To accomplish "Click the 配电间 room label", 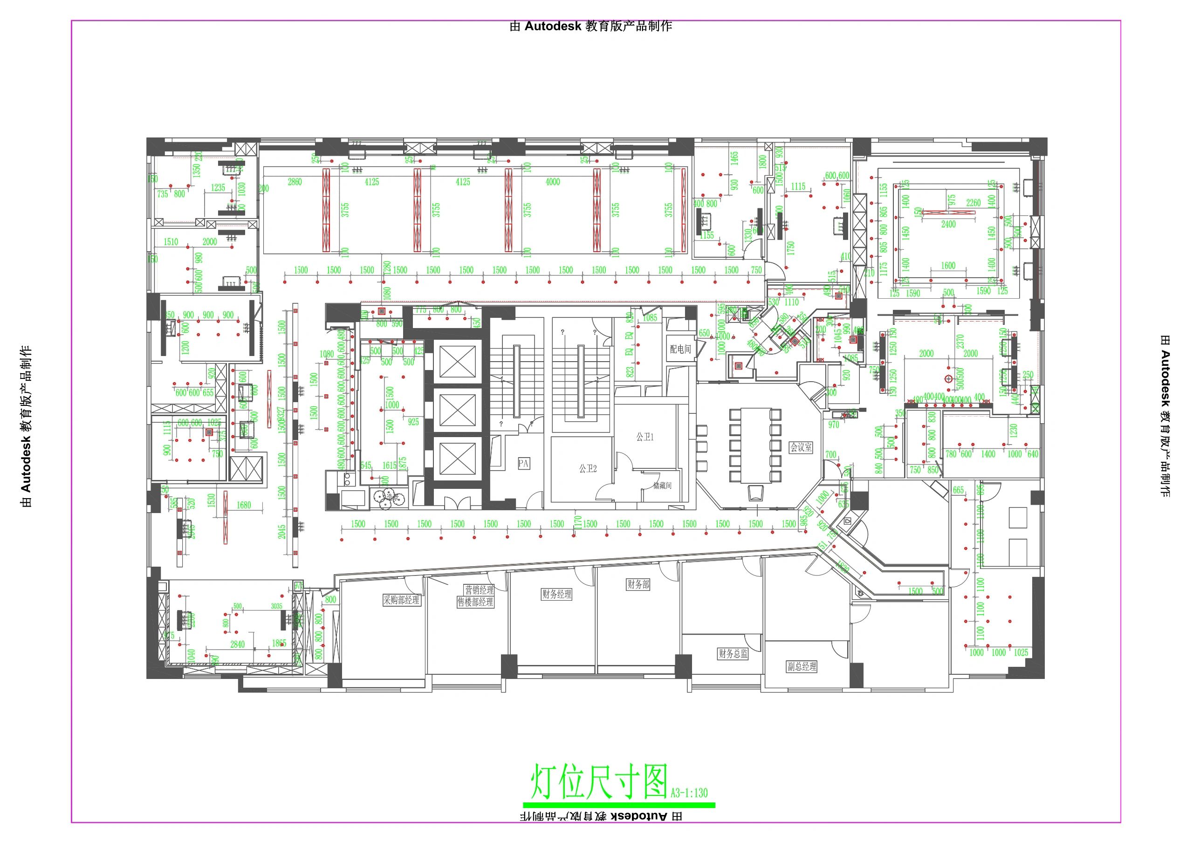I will tap(680, 349).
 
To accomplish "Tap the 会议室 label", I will tap(801, 447).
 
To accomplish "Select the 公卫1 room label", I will tap(645, 437).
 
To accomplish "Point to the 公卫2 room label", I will tap(588, 469).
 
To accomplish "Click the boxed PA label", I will tap(523, 463).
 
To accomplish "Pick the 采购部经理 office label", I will tap(401, 600).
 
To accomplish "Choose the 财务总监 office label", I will tap(733, 654).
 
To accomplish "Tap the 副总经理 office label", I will tap(802, 666).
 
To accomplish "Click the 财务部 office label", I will tap(638, 585).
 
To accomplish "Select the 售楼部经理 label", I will tap(475, 603).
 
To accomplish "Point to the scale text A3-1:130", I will tap(689, 808).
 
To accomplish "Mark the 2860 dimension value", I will tap(295, 182).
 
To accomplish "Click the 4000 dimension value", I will tap(553, 182).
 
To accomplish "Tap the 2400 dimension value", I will tap(948, 225).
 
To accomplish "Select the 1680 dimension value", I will tap(243, 505).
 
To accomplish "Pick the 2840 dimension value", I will tap(238, 644).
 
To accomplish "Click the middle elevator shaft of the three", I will tap(457, 410).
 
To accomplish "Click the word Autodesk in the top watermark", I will tap(553, 27).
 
